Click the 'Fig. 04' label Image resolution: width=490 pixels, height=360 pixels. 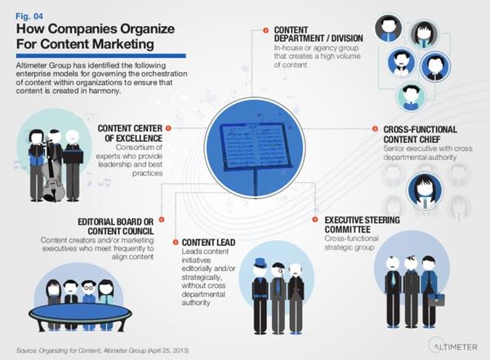(x=29, y=16)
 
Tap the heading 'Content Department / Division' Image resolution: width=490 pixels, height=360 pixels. (x=318, y=34)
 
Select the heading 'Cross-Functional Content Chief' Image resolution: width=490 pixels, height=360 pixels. (x=420, y=135)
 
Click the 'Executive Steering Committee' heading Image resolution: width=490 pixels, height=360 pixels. (x=362, y=224)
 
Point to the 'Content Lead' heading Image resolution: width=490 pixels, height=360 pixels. (x=208, y=242)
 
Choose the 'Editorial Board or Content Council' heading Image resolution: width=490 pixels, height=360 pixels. (x=116, y=227)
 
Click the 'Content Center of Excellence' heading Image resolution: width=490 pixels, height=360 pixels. (x=130, y=133)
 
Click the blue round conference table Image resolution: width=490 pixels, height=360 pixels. (x=80, y=313)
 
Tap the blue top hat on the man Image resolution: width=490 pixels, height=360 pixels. (x=261, y=263)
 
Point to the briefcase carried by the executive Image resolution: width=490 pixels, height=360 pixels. (x=436, y=300)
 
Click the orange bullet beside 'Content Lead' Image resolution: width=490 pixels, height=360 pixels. (x=176, y=242)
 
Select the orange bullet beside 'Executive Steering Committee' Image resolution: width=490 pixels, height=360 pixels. (x=315, y=220)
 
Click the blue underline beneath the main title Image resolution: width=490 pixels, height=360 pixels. (x=101, y=56)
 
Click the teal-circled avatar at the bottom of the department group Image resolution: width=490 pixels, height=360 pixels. (x=411, y=96)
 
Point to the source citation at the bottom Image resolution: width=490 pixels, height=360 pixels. (x=103, y=350)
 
